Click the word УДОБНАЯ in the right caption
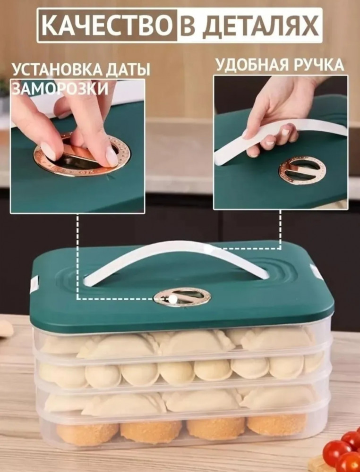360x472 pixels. (x=254, y=65)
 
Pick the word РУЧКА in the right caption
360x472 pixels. (x=320, y=64)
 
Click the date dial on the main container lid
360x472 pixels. (x=182, y=297)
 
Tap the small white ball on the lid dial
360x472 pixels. (x=172, y=299)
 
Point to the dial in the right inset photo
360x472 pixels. (x=302, y=170)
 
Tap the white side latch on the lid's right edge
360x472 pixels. (x=317, y=271)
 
